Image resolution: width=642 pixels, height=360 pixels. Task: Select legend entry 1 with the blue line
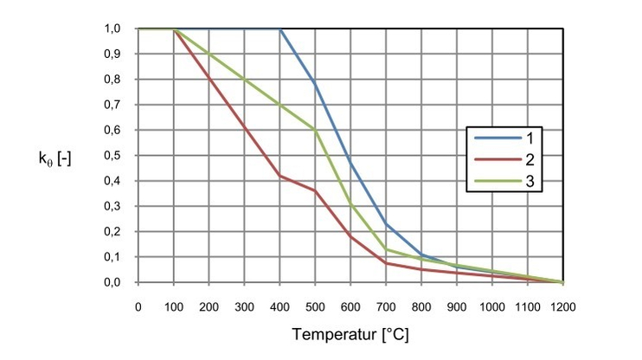(520, 137)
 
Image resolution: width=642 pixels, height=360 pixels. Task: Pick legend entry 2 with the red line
(520, 160)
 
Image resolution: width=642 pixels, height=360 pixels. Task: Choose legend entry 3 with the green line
(520, 183)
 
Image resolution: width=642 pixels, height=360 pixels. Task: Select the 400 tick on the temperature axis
(279, 306)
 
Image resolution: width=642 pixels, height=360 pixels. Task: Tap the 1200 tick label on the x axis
(563, 306)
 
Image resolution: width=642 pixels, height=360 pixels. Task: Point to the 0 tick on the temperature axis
(138, 306)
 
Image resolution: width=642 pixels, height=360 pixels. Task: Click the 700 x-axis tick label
(386, 306)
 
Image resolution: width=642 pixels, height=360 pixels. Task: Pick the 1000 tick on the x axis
(492, 306)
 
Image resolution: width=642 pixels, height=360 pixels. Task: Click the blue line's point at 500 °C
(315, 84)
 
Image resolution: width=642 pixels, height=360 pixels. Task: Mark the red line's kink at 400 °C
(279, 176)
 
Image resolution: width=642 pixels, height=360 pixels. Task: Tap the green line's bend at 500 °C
(315, 131)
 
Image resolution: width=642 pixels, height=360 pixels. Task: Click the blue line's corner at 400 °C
(280, 29)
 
